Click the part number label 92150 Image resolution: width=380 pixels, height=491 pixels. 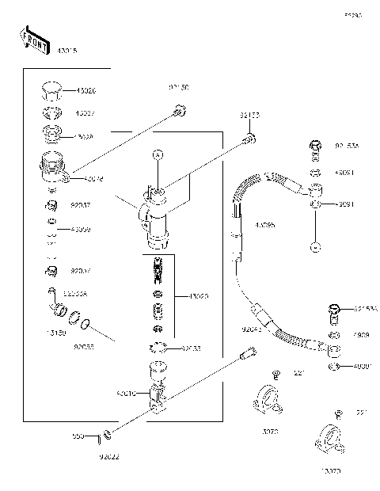tap(178, 87)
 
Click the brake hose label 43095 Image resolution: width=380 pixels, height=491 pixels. tap(266, 225)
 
